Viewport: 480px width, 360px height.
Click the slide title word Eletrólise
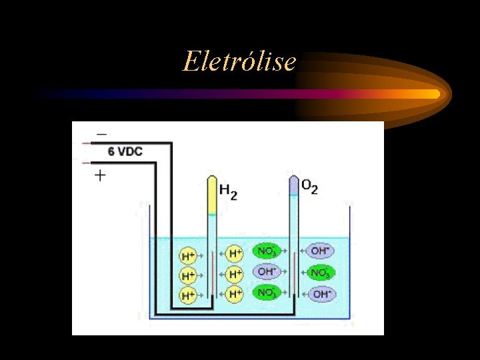point(239,61)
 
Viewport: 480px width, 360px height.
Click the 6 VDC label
point(125,152)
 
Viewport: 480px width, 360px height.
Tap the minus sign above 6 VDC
point(101,134)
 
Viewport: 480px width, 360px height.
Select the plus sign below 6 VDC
point(101,175)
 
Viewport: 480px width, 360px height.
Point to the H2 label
point(228,191)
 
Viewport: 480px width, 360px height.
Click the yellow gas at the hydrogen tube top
point(211,197)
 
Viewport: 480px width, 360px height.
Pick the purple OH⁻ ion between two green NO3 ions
point(265,272)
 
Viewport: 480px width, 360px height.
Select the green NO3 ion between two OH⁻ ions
point(319,273)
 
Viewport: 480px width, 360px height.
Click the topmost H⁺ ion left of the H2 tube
point(189,255)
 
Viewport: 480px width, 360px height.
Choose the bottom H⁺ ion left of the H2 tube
point(189,294)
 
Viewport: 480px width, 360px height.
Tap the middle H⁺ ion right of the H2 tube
point(235,273)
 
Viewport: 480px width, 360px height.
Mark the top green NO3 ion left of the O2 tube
point(265,252)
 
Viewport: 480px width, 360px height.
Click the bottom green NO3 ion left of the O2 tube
point(265,292)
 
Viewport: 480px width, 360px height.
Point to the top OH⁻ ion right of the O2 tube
point(320,251)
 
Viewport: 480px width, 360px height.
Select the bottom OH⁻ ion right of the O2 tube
point(320,293)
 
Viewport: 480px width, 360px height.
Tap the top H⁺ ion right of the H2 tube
point(235,253)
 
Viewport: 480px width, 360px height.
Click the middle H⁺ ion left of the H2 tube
point(189,275)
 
